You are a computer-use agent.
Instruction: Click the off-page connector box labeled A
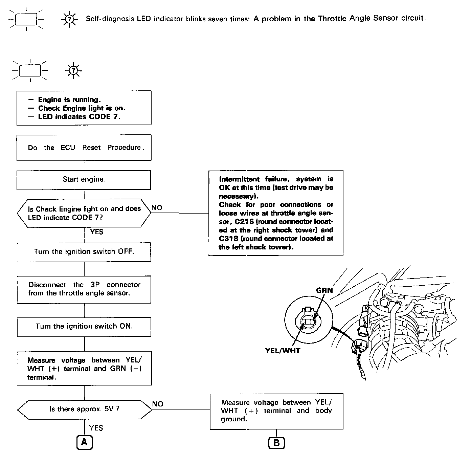tap(84, 442)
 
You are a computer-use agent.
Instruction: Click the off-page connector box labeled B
tap(276, 443)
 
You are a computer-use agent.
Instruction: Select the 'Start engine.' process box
tap(84, 179)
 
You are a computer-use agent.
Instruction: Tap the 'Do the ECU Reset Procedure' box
tap(84, 148)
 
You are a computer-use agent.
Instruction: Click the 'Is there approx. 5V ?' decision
tap(84, 409)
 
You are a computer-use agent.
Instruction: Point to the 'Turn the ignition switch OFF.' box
tap(84, 252)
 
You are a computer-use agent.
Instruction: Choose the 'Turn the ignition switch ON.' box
tap(84, 327)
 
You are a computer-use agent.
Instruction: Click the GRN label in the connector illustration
tap(324, 290)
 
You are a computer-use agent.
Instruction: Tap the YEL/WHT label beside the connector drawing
tap(283, 351)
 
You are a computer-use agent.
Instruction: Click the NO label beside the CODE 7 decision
tap(157, 208)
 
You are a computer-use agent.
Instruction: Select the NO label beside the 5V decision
tap(158, 404)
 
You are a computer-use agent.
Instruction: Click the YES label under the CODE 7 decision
tap(97, 232)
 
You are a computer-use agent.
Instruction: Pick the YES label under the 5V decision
tap(96, 428)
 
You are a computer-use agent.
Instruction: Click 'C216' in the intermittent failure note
tap(244, 222)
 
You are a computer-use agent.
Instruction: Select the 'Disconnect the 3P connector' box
tap(84, 289)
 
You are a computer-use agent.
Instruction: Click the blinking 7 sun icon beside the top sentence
tap(69, 19)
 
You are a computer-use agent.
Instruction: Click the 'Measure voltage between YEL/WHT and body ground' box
tap(276, 411)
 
